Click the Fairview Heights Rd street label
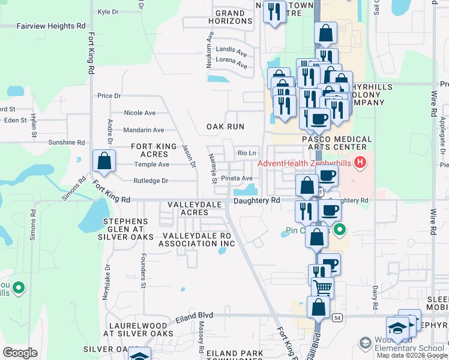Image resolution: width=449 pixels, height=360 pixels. point(43,26)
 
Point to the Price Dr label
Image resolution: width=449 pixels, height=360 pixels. point(109,95)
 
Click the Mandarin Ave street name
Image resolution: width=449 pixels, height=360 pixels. point(143,130)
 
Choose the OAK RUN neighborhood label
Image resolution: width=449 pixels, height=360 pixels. point(225,127)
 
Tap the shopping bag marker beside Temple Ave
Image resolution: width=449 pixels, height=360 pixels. point(104,161)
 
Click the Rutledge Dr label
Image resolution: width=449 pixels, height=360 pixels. point(151,180)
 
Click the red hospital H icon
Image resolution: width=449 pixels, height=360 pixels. point(360,161)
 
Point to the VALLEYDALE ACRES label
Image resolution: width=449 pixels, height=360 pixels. point(188,208)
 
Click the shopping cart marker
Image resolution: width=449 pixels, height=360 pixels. point(322,288)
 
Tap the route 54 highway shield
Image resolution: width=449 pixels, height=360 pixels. point(337,317)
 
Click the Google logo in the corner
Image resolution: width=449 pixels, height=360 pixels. point(20,352)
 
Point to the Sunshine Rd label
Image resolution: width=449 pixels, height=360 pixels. point(65,143)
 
